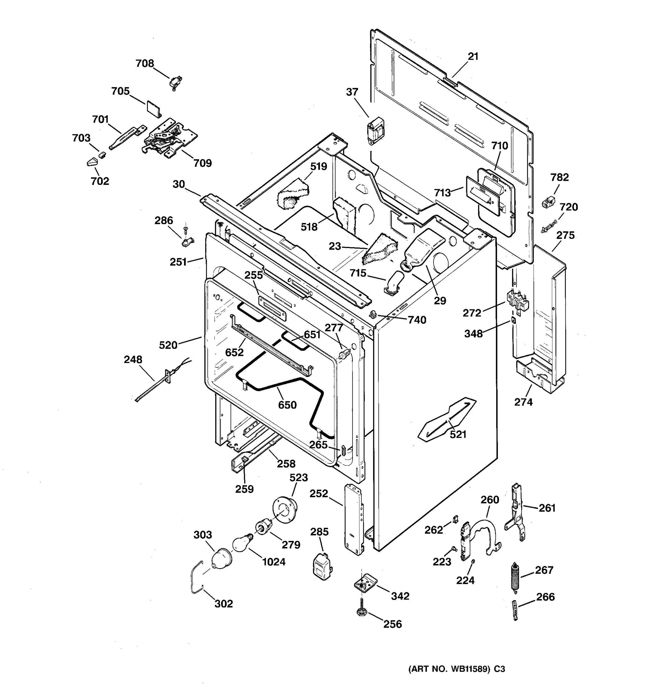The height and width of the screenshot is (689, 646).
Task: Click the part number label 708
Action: tap(144, 63)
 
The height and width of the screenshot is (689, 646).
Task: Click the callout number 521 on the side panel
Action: tap(458, 434)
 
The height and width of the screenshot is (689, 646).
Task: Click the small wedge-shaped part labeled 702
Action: tap(93, 162)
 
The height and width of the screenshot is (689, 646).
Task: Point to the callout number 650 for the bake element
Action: tap(287, 405)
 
